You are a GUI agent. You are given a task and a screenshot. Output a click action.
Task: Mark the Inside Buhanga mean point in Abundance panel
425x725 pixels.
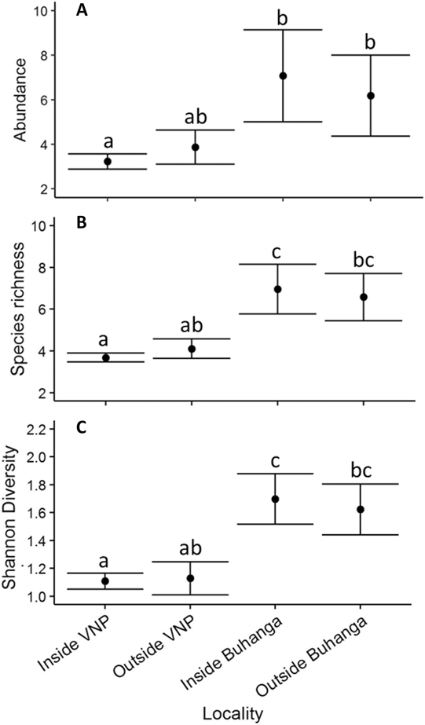(x=283, y=75)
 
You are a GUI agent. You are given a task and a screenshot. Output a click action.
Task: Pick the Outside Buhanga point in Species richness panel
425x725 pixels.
(x=363, y=297)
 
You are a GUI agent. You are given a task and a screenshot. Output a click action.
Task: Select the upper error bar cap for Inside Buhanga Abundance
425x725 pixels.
(x=283, y=29)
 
